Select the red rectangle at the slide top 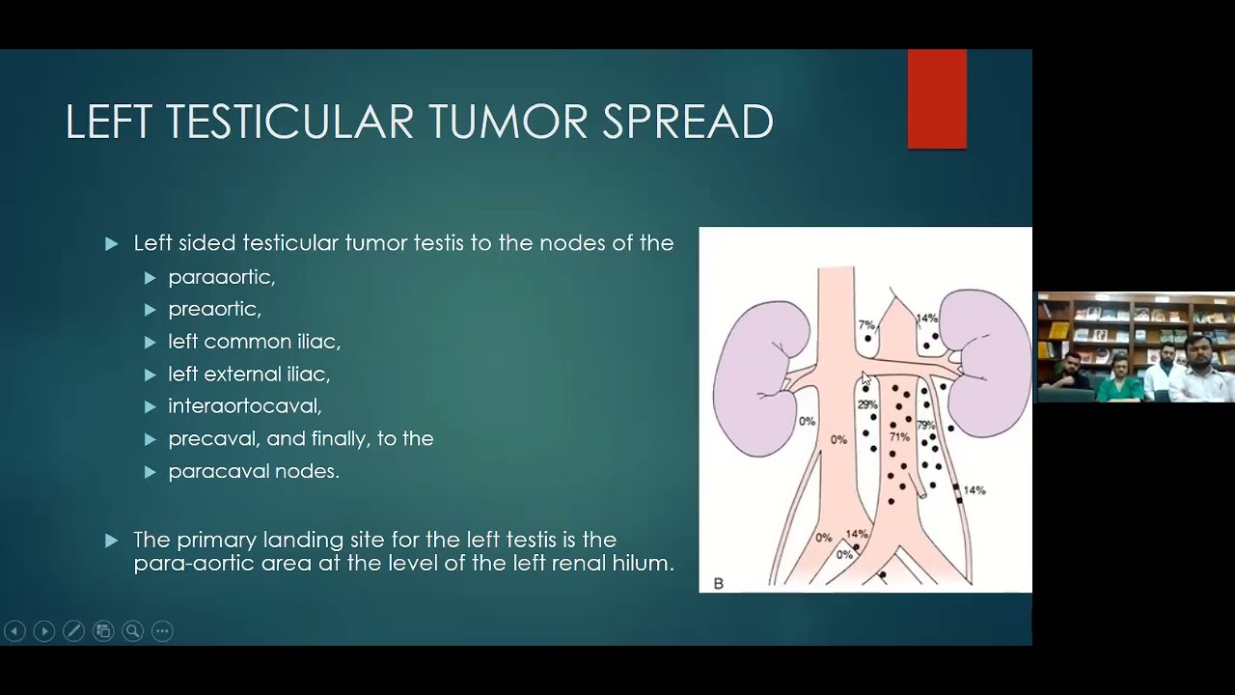(937, 99)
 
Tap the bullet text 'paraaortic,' (221, 277)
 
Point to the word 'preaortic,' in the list (214, 309)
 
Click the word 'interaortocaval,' (244, 406)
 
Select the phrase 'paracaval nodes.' (253, 471)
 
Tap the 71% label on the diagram (899, 437)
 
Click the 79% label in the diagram (925, 426)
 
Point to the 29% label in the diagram (866, 405)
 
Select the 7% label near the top (865, 325)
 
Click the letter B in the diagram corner (718, 583)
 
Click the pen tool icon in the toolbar (73, 631)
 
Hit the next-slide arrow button (44, 631)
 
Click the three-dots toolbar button (162, 631)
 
